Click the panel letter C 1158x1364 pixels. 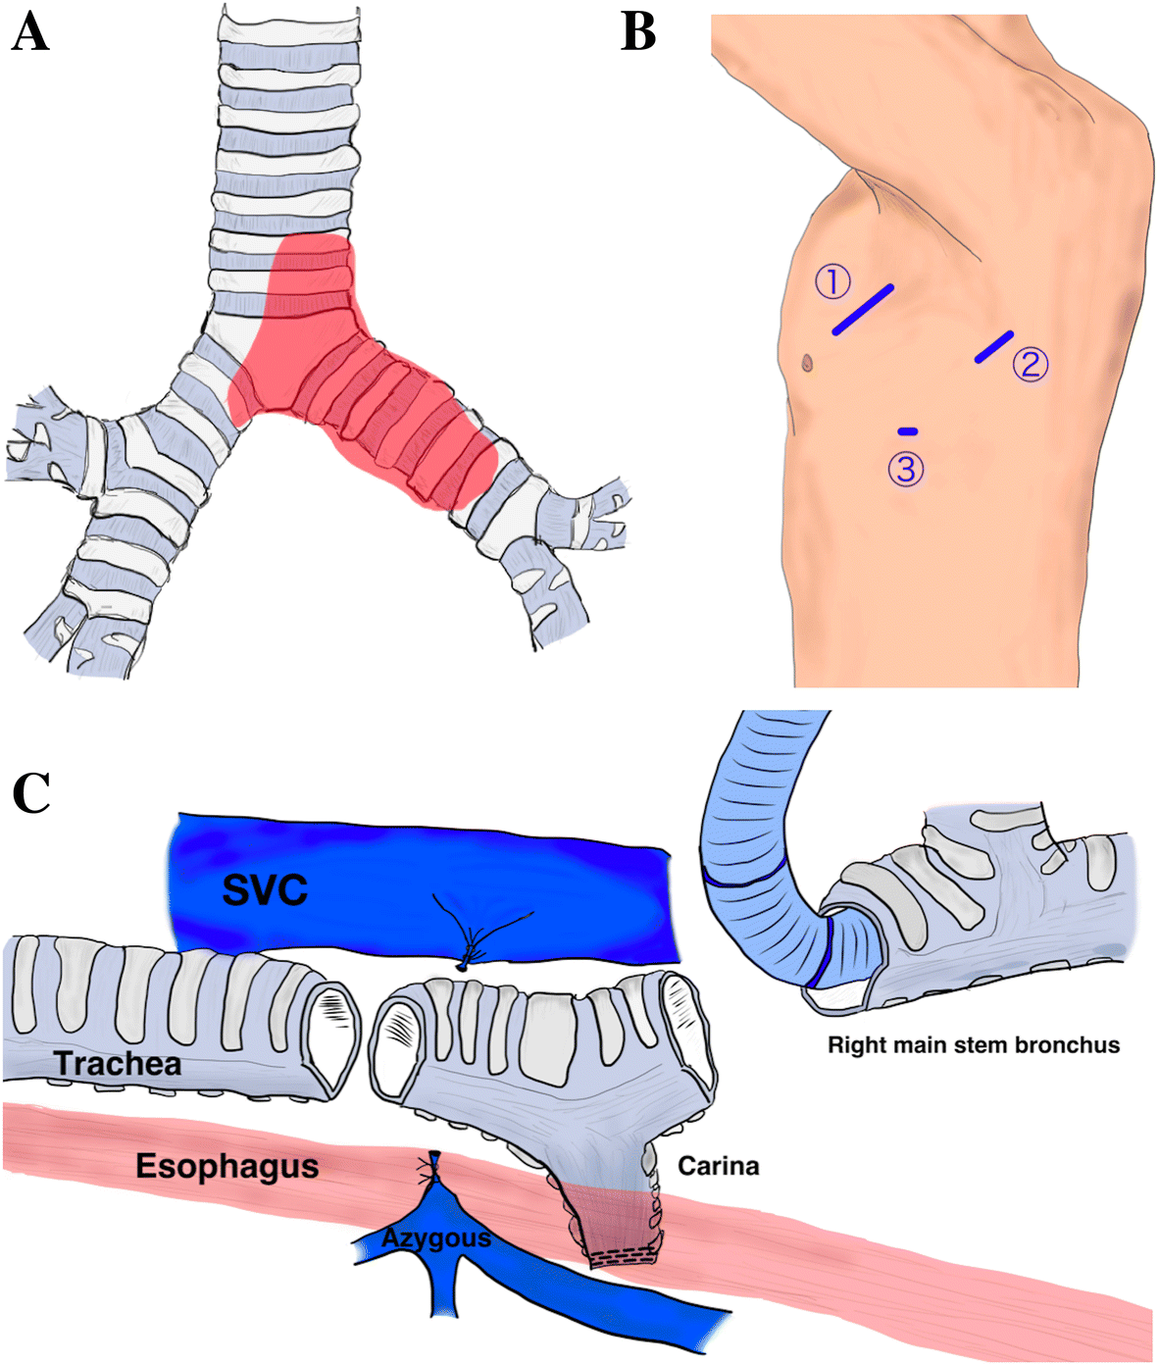coord(31,792)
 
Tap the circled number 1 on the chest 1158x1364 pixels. coord(832,282)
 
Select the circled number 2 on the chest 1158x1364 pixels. coord(1031,365)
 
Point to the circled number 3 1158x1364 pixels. coord(906,470)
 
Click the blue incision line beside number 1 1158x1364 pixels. coord(863,309)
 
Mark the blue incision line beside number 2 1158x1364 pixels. coord(993,346)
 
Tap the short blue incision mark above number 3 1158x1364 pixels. coord(908,430)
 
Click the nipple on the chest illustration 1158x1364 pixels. coord(807,363)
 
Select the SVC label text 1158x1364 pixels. coord(265,890)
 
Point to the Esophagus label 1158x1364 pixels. coord(227,1166)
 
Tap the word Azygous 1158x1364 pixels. coord(436,1238)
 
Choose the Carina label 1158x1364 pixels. coord(719,1166)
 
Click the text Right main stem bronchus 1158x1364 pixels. coord(974,1045)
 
